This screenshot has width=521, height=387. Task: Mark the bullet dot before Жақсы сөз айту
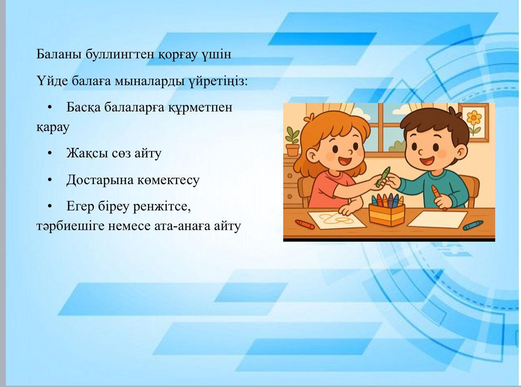coord(50,153)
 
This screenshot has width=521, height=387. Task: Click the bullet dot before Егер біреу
coord(50,206)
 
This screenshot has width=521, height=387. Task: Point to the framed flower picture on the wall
coord(474,123)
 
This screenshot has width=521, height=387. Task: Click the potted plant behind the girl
coord(293,141)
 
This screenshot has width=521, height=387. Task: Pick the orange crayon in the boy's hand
coord(438,198)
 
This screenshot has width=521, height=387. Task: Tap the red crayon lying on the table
coord(305,224)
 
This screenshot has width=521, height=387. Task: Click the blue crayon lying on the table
coord(473,225)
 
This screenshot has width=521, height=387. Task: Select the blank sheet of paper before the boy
coord(438,219)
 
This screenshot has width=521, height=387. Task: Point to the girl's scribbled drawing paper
coord(336,220)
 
